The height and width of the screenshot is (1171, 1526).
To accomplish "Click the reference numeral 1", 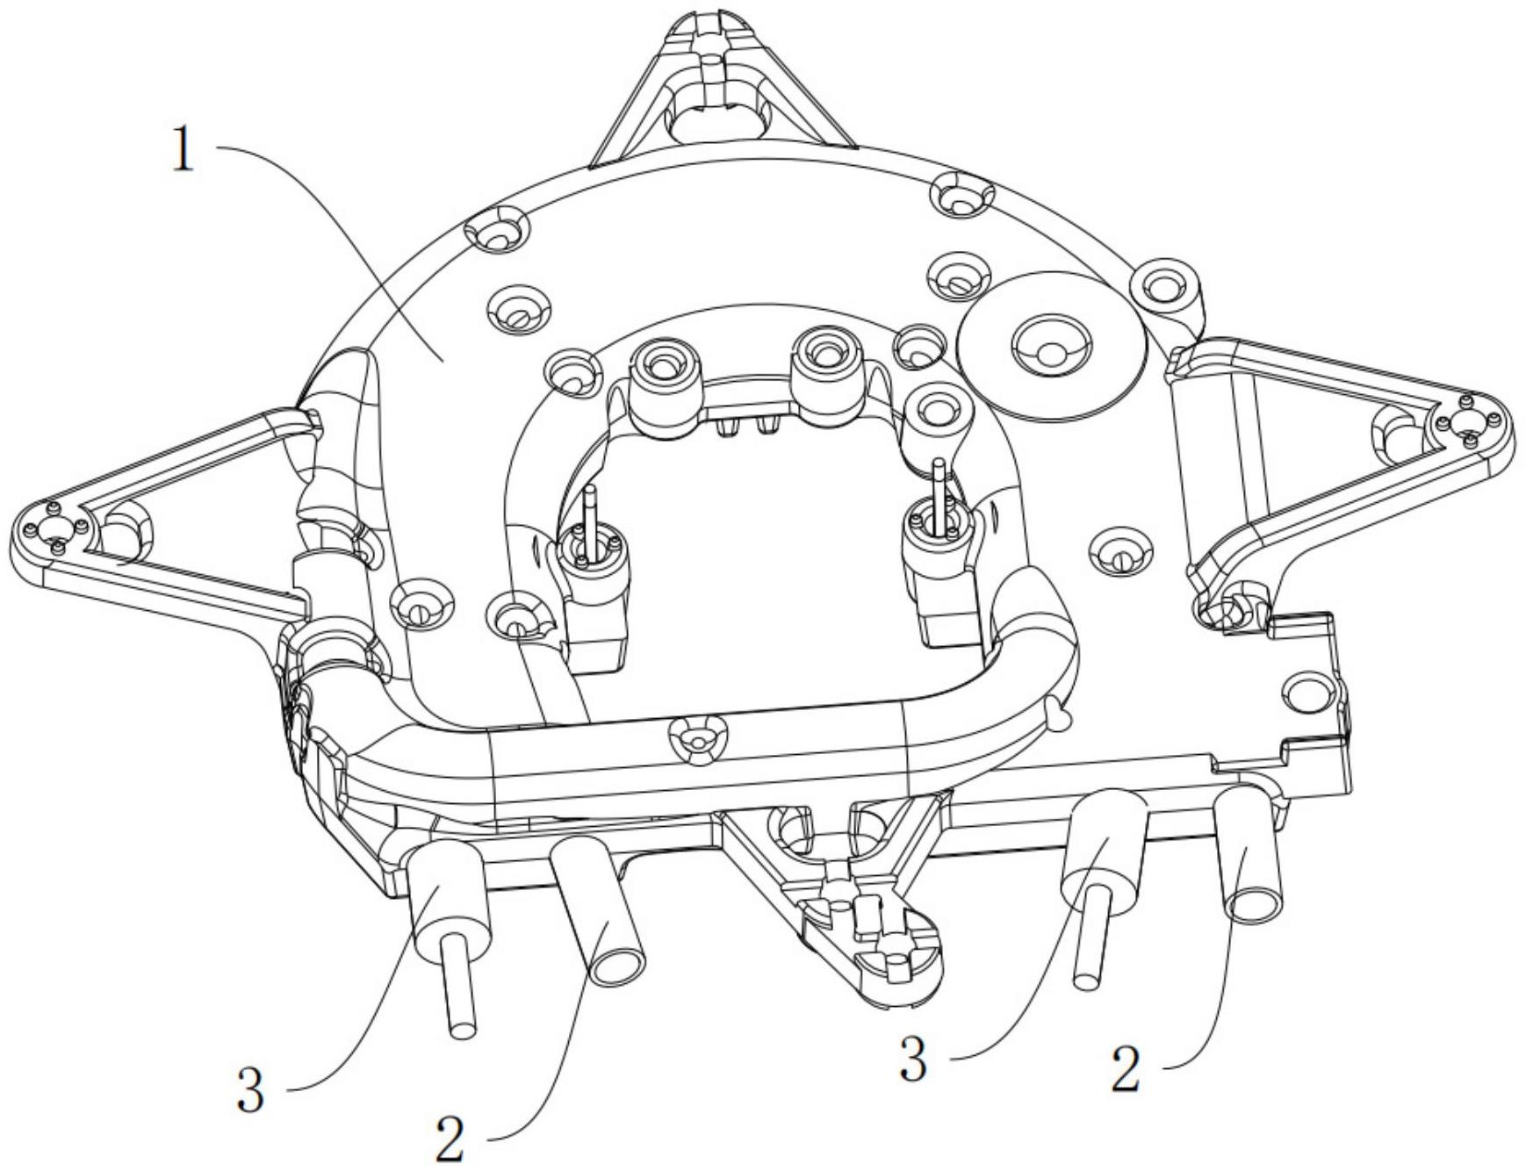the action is point(182,151).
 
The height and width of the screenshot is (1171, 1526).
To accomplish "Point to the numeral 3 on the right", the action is point(912,1060).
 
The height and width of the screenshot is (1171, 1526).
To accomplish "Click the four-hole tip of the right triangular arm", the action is point(1465,422).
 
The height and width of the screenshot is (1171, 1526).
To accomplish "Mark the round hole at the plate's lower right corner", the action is point(1307,693).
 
